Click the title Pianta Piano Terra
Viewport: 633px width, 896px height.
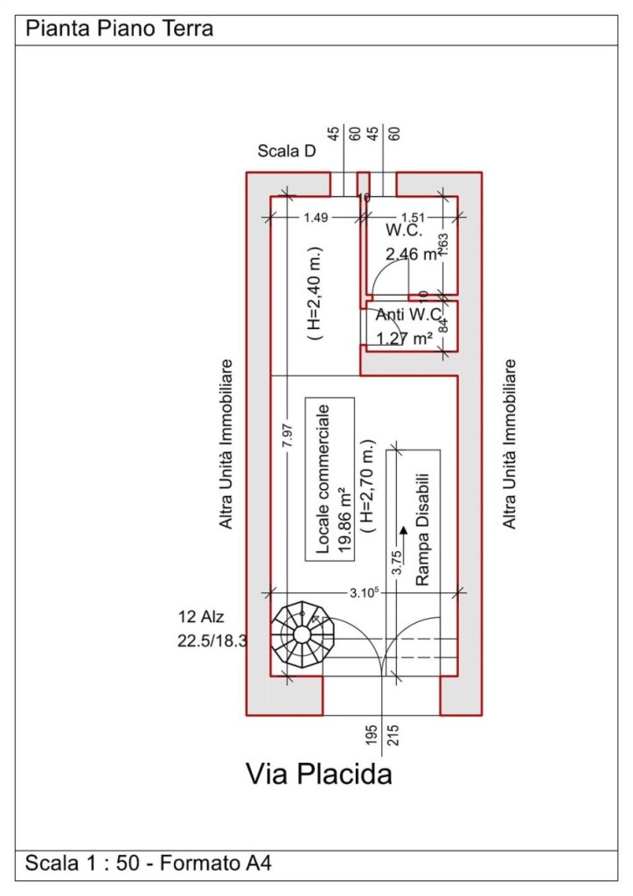[x=120, y=28]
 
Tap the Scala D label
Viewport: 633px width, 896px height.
[x=287, y=151]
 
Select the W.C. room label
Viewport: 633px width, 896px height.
[x=404, y=231]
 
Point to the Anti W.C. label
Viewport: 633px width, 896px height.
[x=408, y=314]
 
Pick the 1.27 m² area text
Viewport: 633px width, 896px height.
[x=404, y=339]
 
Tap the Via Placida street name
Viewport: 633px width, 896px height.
[x=319, y=774]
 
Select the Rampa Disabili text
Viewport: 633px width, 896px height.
[x=422, y=529]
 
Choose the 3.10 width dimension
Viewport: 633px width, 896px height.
[x=365, y=592]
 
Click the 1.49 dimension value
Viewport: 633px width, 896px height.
[x=316, y=217]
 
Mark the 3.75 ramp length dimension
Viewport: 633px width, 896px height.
[x=397, y=562]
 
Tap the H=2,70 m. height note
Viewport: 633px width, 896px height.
[x=368, y=486]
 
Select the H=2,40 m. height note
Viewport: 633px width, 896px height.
[x=315, y=294]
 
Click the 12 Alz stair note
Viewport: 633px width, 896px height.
[x=201, y=617]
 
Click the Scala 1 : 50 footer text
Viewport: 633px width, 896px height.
[x=81, y=863]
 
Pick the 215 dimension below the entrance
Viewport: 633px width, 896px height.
[x=393, y=735]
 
